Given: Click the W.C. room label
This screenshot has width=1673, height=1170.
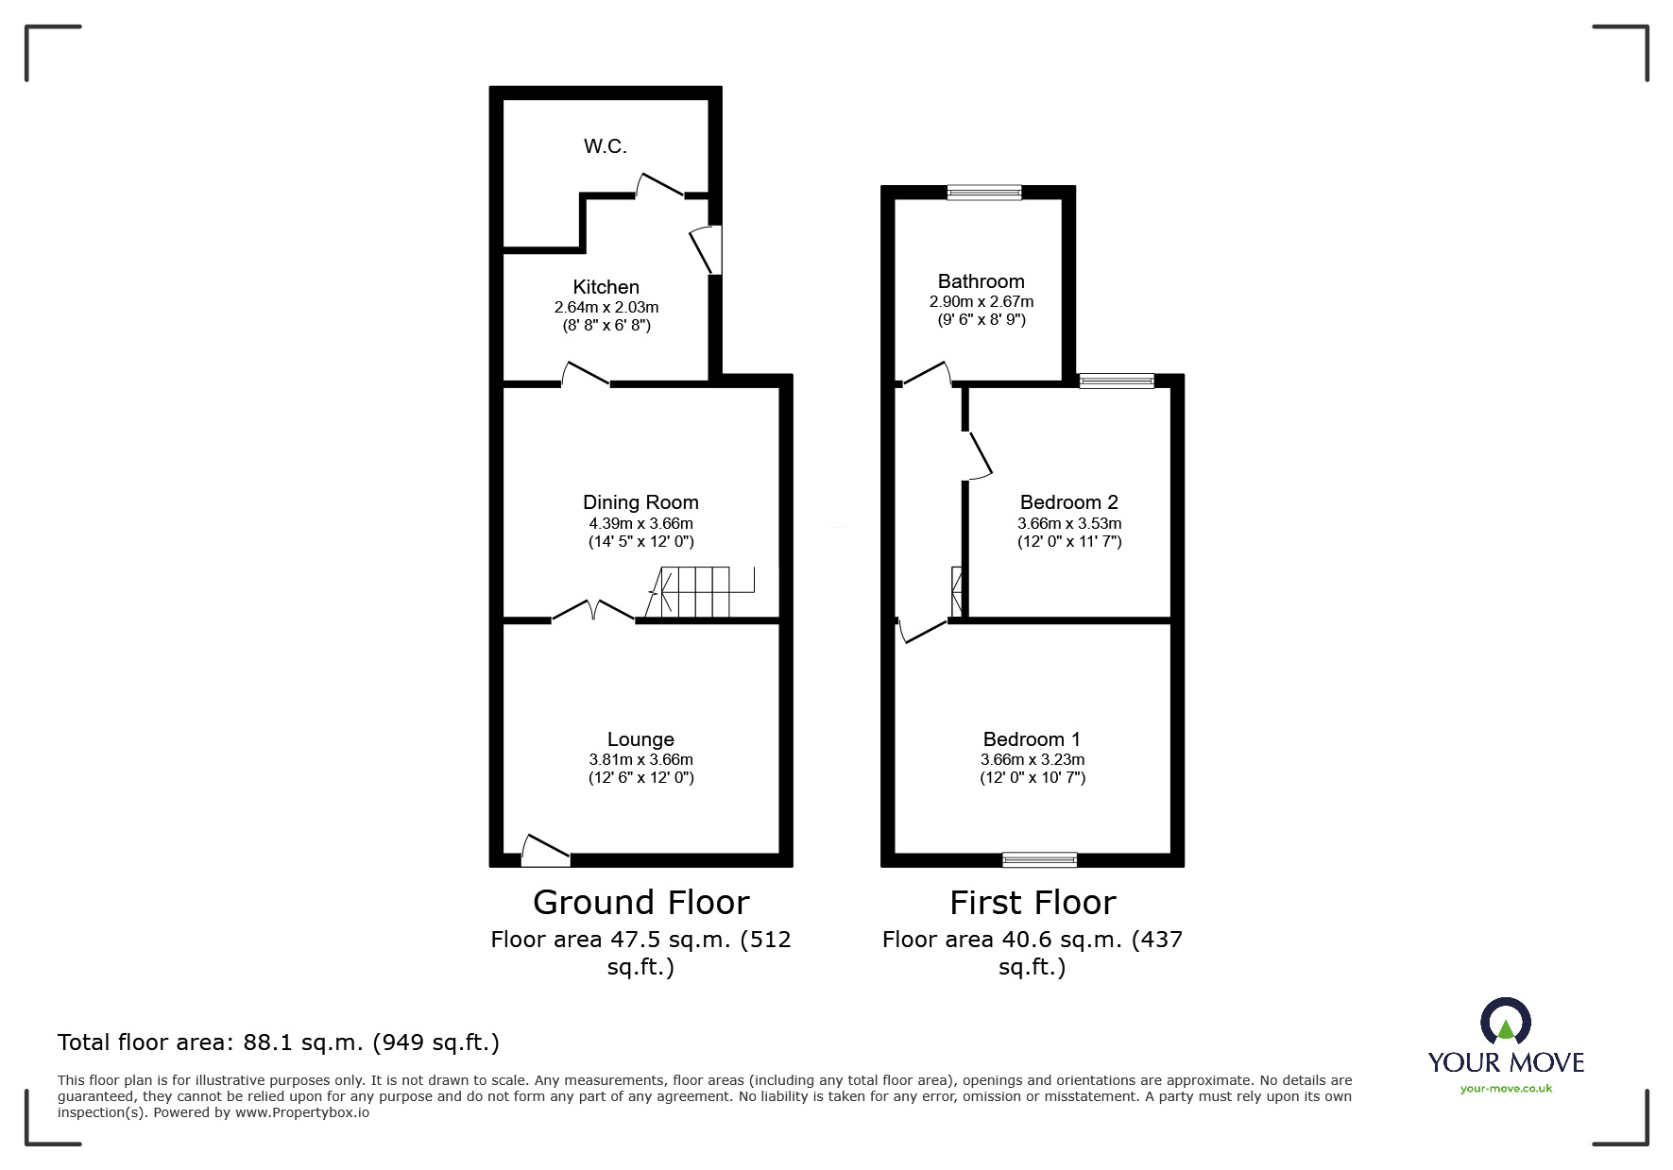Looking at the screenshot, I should tap(605, 146).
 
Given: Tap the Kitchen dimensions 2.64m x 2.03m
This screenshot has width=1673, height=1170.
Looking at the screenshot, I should tap(606, 307).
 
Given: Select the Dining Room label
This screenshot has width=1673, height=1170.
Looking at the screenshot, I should tap(640, 502).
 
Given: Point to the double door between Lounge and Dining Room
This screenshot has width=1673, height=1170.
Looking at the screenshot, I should tap(593, 612).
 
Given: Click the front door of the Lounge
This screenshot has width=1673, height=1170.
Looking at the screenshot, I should tap(545, 851).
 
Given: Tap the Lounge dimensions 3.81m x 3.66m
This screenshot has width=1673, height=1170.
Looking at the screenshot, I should tap(640, 759).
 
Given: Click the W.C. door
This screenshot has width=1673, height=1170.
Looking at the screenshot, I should tap(659, 186).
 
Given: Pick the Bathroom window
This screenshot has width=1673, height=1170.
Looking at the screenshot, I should tap(984, 193).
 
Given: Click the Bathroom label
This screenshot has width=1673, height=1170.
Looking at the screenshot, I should tap(981, 281).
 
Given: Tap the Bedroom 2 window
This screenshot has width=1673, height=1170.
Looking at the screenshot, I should tap(1117, 382).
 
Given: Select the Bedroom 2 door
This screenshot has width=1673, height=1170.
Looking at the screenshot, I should tap(978, 456).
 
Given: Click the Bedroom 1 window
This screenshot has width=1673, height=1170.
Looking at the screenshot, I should tap(1039, 859).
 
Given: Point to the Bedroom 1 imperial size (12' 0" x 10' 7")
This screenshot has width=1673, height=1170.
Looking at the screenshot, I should tap(1032, 778).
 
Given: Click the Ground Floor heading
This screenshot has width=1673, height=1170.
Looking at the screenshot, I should tap(640, 903).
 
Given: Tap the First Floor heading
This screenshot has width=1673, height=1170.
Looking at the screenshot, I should tap(1032, 903).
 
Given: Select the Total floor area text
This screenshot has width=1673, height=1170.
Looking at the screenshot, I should tap(279, 1043).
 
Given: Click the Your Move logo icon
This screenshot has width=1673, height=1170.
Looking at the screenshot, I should tap(1505, 1022).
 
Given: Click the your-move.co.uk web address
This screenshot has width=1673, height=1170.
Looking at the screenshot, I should tap(1506, 1089).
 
